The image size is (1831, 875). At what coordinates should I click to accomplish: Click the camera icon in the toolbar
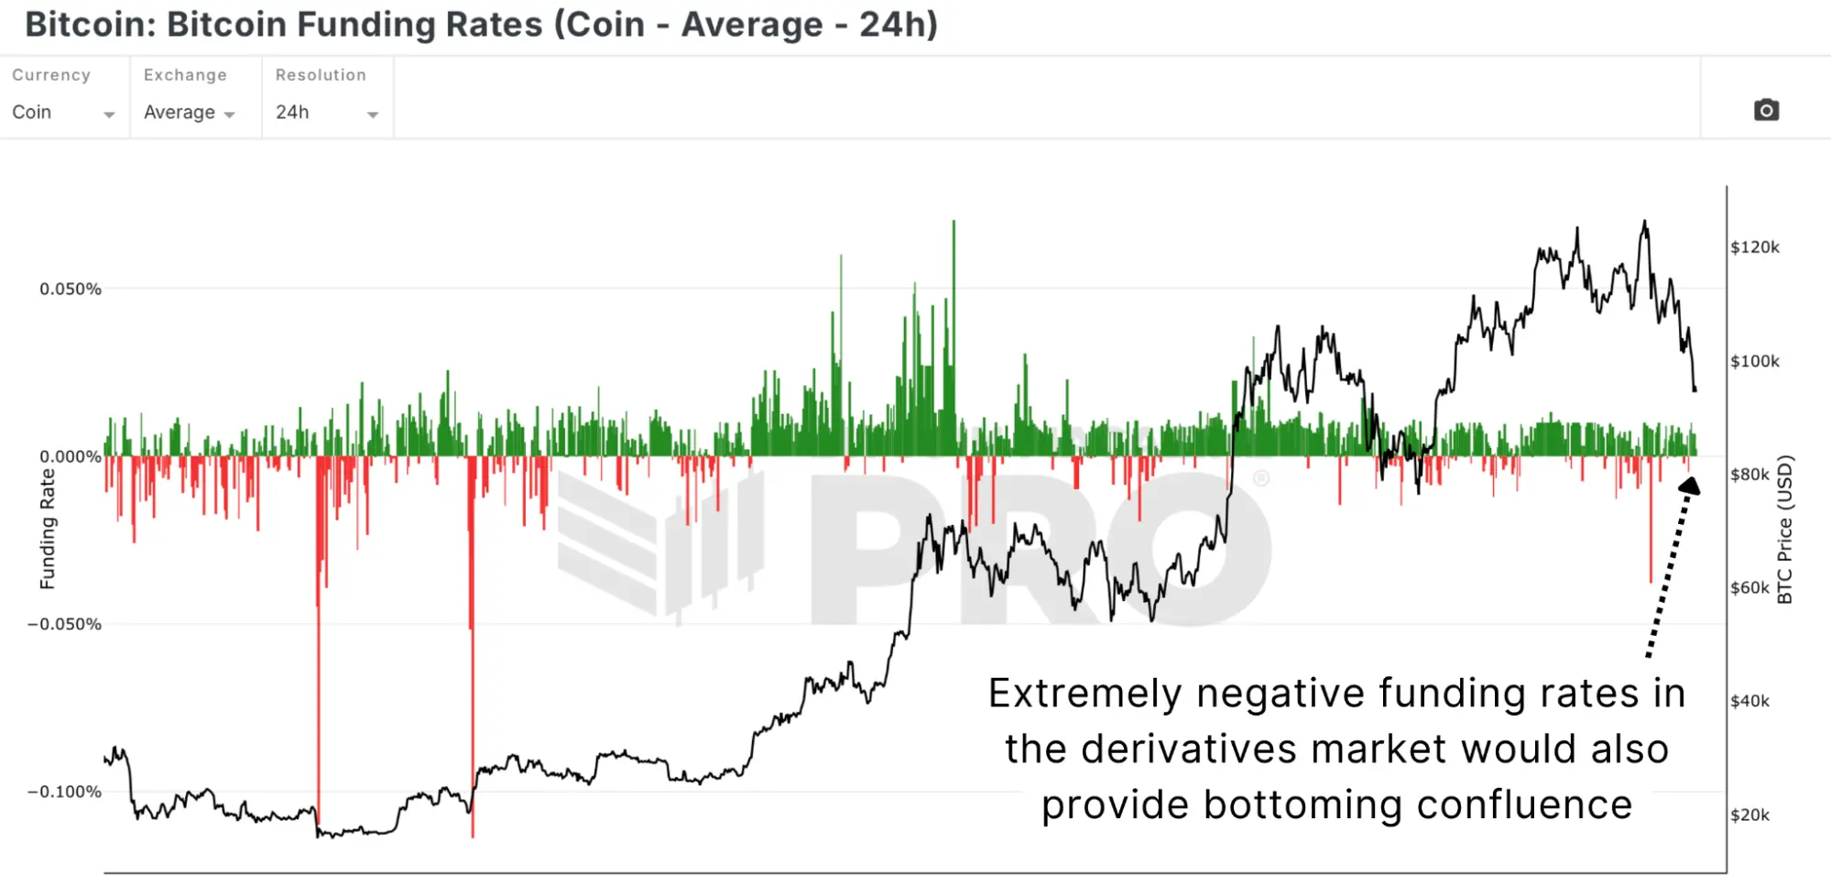[1766, 111]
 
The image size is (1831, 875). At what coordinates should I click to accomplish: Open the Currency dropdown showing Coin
[62, 113]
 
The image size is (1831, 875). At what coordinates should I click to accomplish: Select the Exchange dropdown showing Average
[190, 113]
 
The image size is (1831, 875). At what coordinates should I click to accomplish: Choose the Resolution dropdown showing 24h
[326, 113]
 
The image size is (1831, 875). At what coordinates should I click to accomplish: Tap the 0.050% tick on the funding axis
[71, 290]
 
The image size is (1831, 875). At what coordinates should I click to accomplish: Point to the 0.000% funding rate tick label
[71, 457]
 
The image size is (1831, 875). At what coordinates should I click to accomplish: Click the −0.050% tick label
[65, 625]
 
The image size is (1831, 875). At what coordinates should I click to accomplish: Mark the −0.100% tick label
[65, 793]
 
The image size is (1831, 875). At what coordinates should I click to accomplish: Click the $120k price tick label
[1755, 247]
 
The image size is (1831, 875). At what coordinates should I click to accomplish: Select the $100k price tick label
[1755, 362]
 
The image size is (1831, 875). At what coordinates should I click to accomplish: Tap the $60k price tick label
[1749, 588]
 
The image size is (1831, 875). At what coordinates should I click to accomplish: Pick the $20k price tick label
[1749, 815]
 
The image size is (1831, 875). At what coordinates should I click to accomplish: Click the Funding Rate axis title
[48, 529]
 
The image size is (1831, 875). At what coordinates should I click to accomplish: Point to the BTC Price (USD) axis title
[1784, 530]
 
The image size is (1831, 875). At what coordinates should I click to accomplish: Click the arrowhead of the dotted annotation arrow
[1690, 486]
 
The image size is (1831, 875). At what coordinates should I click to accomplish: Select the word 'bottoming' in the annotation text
[1302, 805]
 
